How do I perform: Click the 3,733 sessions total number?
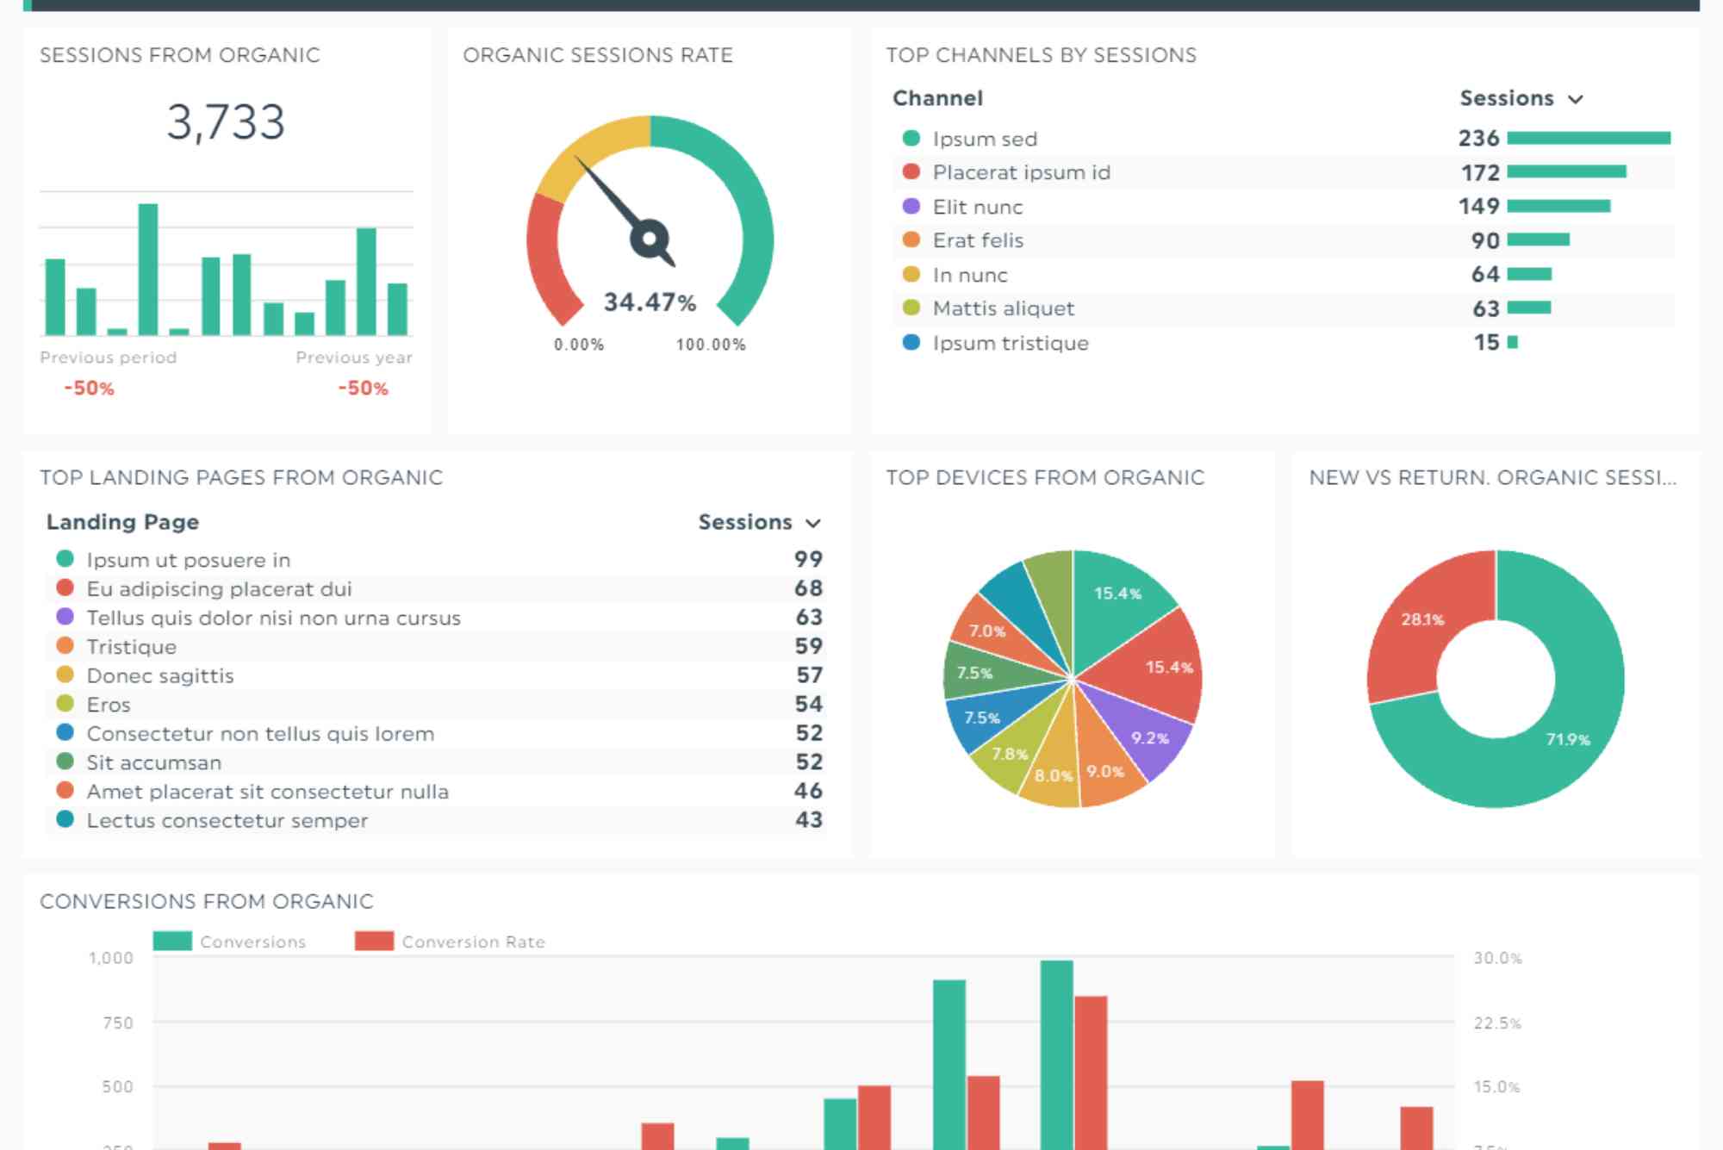point(226,122)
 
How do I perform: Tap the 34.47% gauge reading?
point(650,302)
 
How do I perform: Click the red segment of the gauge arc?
point(546,258)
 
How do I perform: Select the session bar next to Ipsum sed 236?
point(1589,138)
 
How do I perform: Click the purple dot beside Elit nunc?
point(911,207)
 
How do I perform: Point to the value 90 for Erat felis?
point(1485,241)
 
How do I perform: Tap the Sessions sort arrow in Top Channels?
point(1576,99)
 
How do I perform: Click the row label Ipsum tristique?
point(1010,343)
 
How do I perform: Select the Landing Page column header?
point(122,522)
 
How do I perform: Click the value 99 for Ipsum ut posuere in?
point(808,559)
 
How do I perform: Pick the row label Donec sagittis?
point(160,675)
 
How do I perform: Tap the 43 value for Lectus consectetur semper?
point(808,820)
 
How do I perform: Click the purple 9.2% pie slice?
point(1150,738)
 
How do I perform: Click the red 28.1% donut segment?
point(1422,619)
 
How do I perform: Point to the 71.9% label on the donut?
point(1567,739)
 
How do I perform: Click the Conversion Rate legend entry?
point(472,942)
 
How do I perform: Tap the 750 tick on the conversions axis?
point(117,1023)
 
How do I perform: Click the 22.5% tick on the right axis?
point(1497,1023)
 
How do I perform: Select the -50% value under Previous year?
point(363,389)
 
